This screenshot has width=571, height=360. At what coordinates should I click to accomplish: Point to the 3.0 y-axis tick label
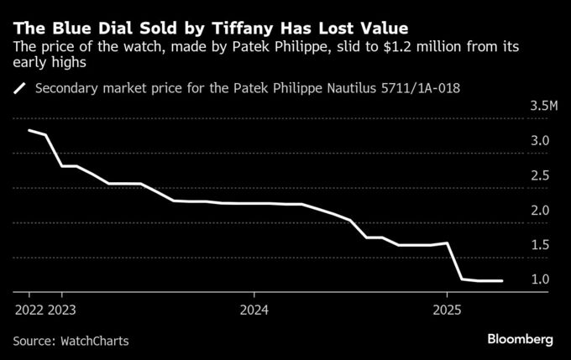[x=540, y=141]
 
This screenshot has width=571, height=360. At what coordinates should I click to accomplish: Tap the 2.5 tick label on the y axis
[x=540, y=175]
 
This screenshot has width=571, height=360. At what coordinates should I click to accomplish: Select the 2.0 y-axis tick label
[x=540, y=210]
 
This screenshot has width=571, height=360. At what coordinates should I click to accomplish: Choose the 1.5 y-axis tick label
[x=540, y=244]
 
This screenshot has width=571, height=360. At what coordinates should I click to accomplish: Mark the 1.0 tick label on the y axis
[x=540, y=279]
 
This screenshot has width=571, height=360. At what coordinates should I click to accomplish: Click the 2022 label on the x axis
[x=29, y=309]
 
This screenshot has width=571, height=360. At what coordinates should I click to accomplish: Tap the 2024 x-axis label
[x=255, y=309]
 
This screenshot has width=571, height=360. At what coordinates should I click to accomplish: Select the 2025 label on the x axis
[x=447, y=309]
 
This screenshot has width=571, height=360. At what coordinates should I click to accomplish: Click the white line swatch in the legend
[x=21, y=87]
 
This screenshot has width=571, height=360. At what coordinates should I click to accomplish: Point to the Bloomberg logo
[x=520, y=339]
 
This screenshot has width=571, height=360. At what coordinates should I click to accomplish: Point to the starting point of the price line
[x=29, y=130]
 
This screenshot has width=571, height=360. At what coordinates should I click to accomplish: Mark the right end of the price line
[x=502, y=281]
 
